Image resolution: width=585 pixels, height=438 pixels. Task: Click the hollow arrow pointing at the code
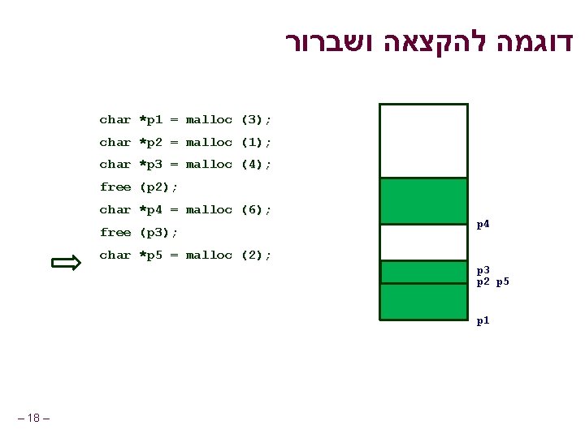pos(65,263)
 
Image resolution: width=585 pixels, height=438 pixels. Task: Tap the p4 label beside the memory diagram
pos(483,224)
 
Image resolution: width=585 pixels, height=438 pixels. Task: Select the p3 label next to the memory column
pos(483,269)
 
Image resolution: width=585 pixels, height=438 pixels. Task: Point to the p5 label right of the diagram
pos(502,281)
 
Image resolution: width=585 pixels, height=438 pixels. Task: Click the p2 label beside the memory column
pos(483,281)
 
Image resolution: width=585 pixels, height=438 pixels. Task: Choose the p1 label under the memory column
pos(483,320)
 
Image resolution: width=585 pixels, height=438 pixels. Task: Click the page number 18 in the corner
pos(33,418)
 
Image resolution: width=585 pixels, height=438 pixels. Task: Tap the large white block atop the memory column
pos(423,140)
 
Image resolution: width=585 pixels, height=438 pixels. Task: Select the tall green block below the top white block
pos(423,201)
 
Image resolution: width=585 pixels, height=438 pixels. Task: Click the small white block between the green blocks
pos(423,242)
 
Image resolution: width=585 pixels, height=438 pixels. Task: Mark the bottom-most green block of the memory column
pos(423,302)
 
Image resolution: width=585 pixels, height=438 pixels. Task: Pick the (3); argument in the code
pos(256,120)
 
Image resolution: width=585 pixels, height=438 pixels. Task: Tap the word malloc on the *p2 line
pos(209,143)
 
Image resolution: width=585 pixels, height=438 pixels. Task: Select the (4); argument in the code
pos(256,165)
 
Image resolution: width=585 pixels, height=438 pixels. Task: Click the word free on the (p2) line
pos(115,187)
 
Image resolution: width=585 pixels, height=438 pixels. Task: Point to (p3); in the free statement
pos(159,233)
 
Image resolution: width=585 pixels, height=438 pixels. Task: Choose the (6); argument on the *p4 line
pos(256,210)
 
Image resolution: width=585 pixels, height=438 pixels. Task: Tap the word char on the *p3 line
pos(115,165)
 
